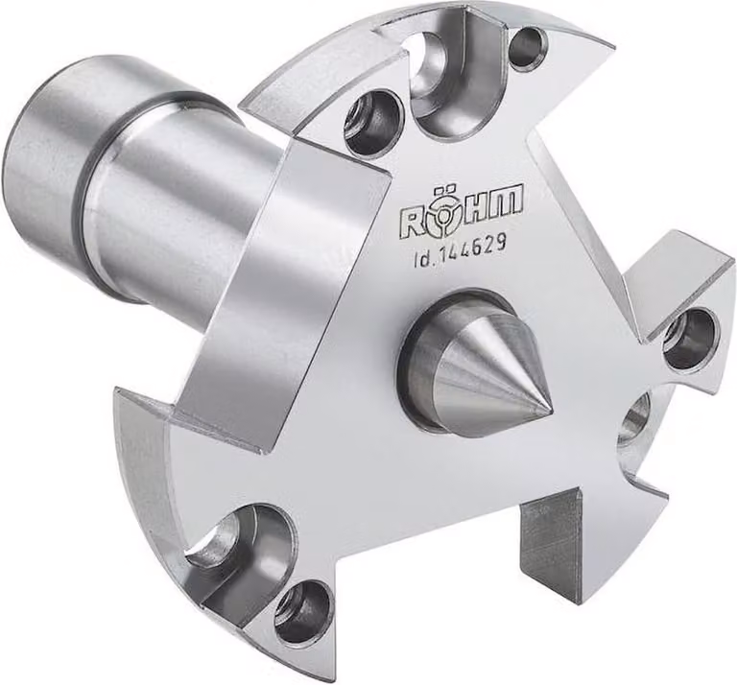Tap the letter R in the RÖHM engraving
[411, 221]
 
